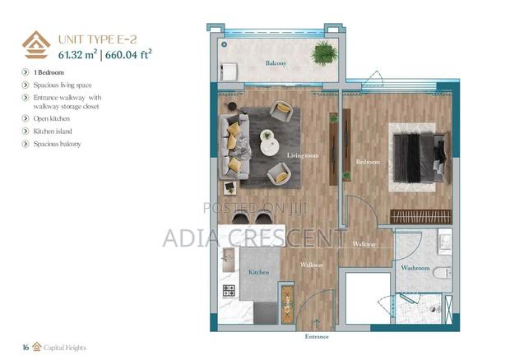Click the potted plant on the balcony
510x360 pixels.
[325, 53]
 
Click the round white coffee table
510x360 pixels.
[269, 141]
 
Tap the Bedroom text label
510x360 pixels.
[368, 162]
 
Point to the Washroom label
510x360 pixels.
[415, 268]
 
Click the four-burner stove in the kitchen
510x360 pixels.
[229, 291]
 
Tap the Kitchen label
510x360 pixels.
[259, 271]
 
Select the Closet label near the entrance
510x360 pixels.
[287, 305]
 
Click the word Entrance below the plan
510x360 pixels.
[316, 337]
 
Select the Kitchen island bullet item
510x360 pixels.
[56, 131]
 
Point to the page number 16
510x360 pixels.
[26, 348]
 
